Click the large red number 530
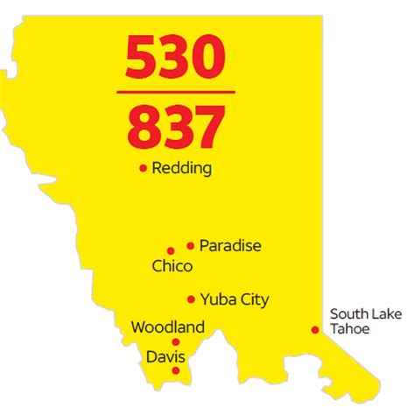coord(179,58)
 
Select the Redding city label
coord(181,168)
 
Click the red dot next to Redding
coord(143,168)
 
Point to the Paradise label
coord(230,246)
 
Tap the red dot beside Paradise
coord(190,246)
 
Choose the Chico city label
coord(172,265)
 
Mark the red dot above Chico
coord(172,250)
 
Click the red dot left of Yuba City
coord(190,299)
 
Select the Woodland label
coord(167,327)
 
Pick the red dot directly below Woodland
coord(176,342)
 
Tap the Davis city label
coord(167,357)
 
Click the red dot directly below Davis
coord(176,370)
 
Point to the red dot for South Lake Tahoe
coord(314,329)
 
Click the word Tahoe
coord(350,328)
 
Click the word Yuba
coord(217,299)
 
